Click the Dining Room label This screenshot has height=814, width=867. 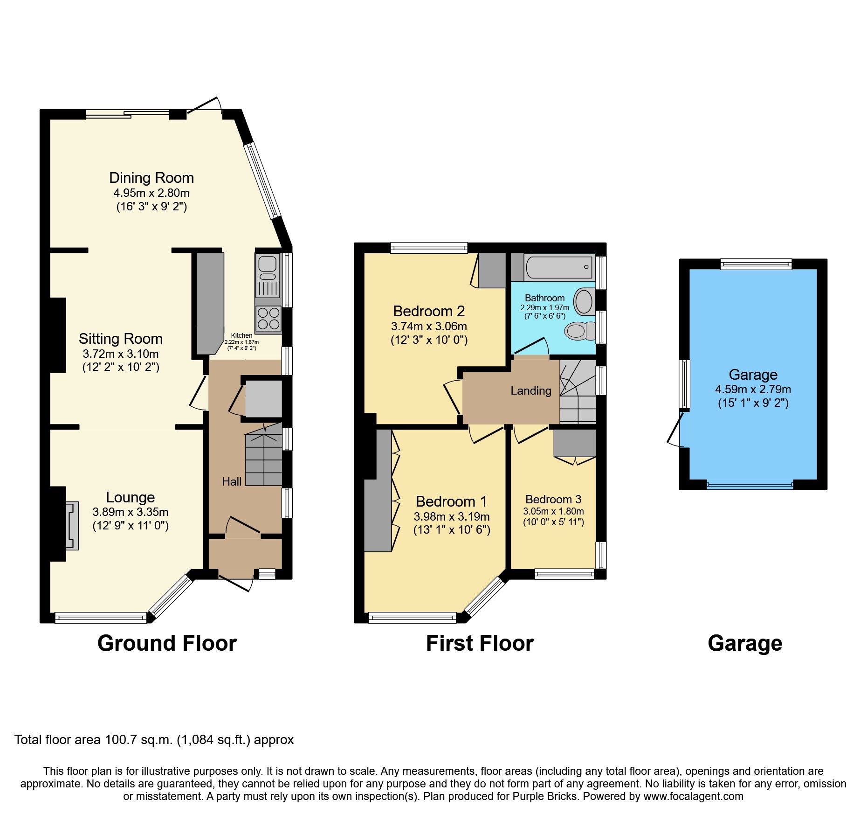[x=151, y=178]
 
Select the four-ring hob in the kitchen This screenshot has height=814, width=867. [x=268, y=319]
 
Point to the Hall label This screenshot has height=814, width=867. [x=232, y=481]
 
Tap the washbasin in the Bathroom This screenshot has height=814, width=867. [x=584, y=301]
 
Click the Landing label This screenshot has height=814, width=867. [x=530, y=390]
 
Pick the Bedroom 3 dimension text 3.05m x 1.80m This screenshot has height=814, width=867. [x=553, y=511]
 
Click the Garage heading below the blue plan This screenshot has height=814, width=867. [x=744, y=643]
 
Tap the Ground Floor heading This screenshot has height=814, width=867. [x=167, y=643]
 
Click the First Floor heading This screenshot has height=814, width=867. [x=479, y=643]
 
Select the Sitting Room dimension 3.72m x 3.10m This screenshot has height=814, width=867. [x=121, y=354]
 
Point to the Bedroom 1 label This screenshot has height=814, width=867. [x=451, y=501]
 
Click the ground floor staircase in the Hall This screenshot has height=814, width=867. [x=264, y=459]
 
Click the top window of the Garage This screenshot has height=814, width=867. [x=756, y=264]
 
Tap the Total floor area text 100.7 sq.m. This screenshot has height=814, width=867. [x=154, y=739]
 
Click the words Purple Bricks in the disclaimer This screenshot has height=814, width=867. [x=544, y=796]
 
